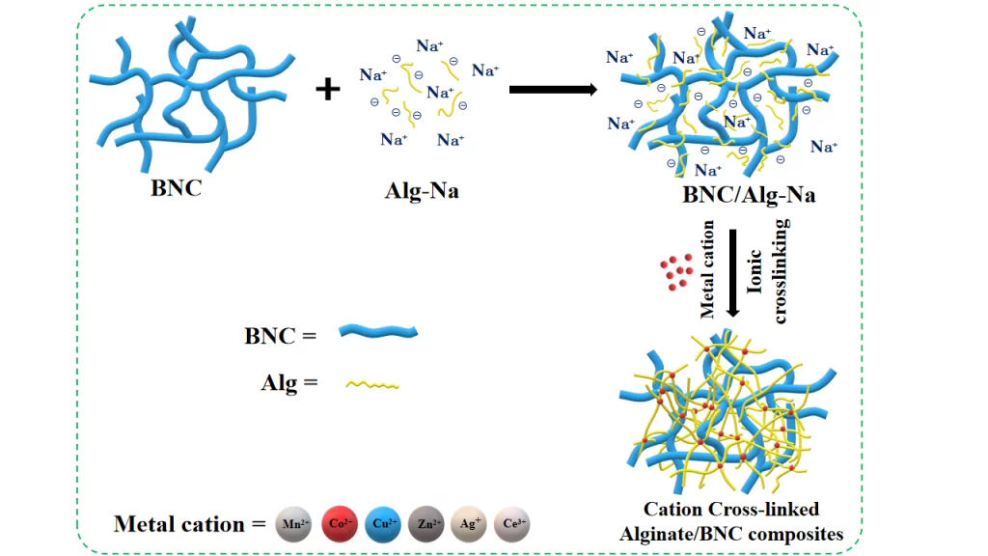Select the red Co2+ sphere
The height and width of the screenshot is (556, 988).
click(x=337, y=524)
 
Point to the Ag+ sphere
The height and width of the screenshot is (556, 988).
click(x=468, y=524)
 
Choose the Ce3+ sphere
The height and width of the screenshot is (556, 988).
click(x=512, y=524)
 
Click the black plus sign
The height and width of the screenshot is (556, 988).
click(x=329, y=90)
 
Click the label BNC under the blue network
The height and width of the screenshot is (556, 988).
click(x=177, y=187)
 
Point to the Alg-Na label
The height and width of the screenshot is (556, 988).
click(x=422, y=190)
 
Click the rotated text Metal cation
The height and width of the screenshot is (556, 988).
click(x=708, y=267)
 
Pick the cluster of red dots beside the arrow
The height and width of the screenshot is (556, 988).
click(x=676, y=274)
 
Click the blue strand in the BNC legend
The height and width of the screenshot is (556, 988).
click(x=378, y=333)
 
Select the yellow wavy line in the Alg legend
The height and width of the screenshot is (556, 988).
click(x=371, y=384)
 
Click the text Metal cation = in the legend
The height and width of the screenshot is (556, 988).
click(x=189, y=524)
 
